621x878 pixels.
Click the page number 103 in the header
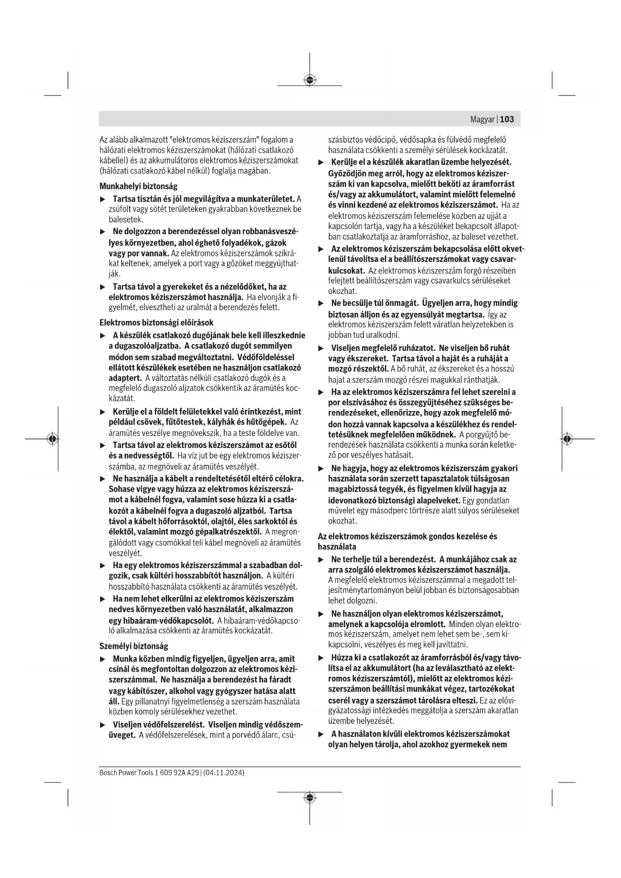[507, 119]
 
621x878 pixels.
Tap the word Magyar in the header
[482, 119]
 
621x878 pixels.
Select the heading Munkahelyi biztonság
[138, 186]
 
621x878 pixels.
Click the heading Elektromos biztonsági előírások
[156, 323]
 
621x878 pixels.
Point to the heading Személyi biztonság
[134, 646]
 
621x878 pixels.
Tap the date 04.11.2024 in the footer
[224, 773]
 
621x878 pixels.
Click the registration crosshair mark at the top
[310, 80]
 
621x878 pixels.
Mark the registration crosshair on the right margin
[567, 439]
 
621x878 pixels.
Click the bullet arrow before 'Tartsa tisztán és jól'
[103, 199]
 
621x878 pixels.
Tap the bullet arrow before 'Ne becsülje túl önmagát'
[321, 303]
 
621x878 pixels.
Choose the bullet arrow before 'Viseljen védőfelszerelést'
[103, 725]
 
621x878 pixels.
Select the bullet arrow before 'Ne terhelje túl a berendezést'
[321, 560]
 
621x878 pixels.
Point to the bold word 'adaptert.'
[125, 378]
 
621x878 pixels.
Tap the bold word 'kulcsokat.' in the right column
[346, 271]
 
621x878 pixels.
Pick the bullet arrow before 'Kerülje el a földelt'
[103, 412]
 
